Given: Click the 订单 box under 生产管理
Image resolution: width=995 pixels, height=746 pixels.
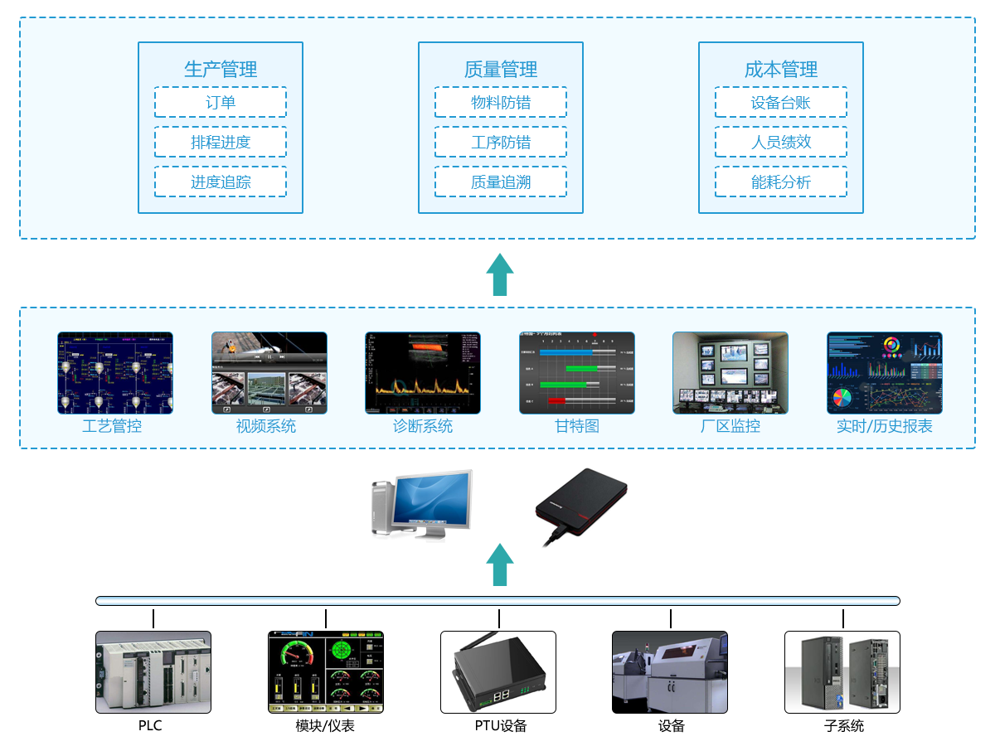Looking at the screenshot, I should pos(221,103).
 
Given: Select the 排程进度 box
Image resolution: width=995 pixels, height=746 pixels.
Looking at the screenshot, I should pos(221,143).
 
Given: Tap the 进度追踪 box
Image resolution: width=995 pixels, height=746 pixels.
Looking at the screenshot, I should pos(221,182).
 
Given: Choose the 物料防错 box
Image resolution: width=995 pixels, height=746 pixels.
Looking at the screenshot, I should pos(501,103).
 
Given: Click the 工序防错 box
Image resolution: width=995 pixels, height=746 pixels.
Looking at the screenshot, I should pos(501,143).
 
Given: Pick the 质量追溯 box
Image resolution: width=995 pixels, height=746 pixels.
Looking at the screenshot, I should pos(501,182).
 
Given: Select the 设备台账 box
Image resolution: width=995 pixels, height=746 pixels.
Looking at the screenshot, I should pos(781,103).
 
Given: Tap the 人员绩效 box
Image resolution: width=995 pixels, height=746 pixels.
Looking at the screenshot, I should pos(781,143).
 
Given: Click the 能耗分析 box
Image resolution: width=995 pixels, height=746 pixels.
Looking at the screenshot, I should pos(781,182).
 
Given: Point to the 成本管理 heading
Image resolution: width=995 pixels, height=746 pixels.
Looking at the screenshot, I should pos(781,70).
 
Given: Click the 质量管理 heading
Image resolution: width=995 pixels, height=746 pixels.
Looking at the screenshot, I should pos(501,70).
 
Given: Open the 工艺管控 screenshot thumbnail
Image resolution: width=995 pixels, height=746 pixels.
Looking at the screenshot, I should pos(115,373).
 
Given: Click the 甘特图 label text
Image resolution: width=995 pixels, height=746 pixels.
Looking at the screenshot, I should pos(577,427).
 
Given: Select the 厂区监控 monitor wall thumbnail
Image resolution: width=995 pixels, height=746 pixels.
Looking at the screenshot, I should pos(730,373).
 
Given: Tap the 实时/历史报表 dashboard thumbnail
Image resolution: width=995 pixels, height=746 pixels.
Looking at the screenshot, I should pos(885,373).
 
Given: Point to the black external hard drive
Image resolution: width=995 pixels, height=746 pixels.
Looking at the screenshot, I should pos(580,501).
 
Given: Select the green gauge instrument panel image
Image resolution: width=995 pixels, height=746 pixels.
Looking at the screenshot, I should pos(326,672).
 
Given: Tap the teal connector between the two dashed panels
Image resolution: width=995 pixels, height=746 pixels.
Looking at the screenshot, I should pos(500,274).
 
